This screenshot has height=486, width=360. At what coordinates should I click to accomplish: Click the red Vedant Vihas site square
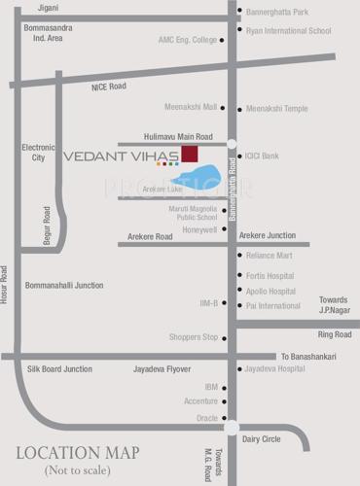click(x=189, y=154)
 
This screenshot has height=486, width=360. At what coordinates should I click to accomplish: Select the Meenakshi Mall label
click(x=191, y=108)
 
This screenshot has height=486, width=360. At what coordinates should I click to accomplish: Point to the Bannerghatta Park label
click(x=277, y=12)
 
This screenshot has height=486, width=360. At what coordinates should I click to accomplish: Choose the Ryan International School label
click(x=289, y=30)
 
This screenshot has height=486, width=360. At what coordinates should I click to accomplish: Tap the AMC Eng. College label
click(x=187, y=40)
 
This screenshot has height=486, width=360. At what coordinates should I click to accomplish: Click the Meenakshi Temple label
click(x=277, y=108)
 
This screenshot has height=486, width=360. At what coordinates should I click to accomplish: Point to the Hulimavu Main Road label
click(x=179, y=138)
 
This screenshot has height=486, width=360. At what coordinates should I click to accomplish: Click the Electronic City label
click(x=39, y=152)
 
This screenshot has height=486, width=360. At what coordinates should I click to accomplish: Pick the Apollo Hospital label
click(x=270, y=291)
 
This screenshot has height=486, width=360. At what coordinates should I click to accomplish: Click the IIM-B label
click(x=209, y=303)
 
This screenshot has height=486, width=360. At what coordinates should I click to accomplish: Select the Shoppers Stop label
click(x=194, y=337)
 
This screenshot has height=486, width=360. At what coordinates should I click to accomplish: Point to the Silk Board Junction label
click(x=59, y=369)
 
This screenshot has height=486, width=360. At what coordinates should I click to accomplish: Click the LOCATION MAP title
click(x=77, y=452)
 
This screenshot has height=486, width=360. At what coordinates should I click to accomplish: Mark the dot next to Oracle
click(x=224, y=418)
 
